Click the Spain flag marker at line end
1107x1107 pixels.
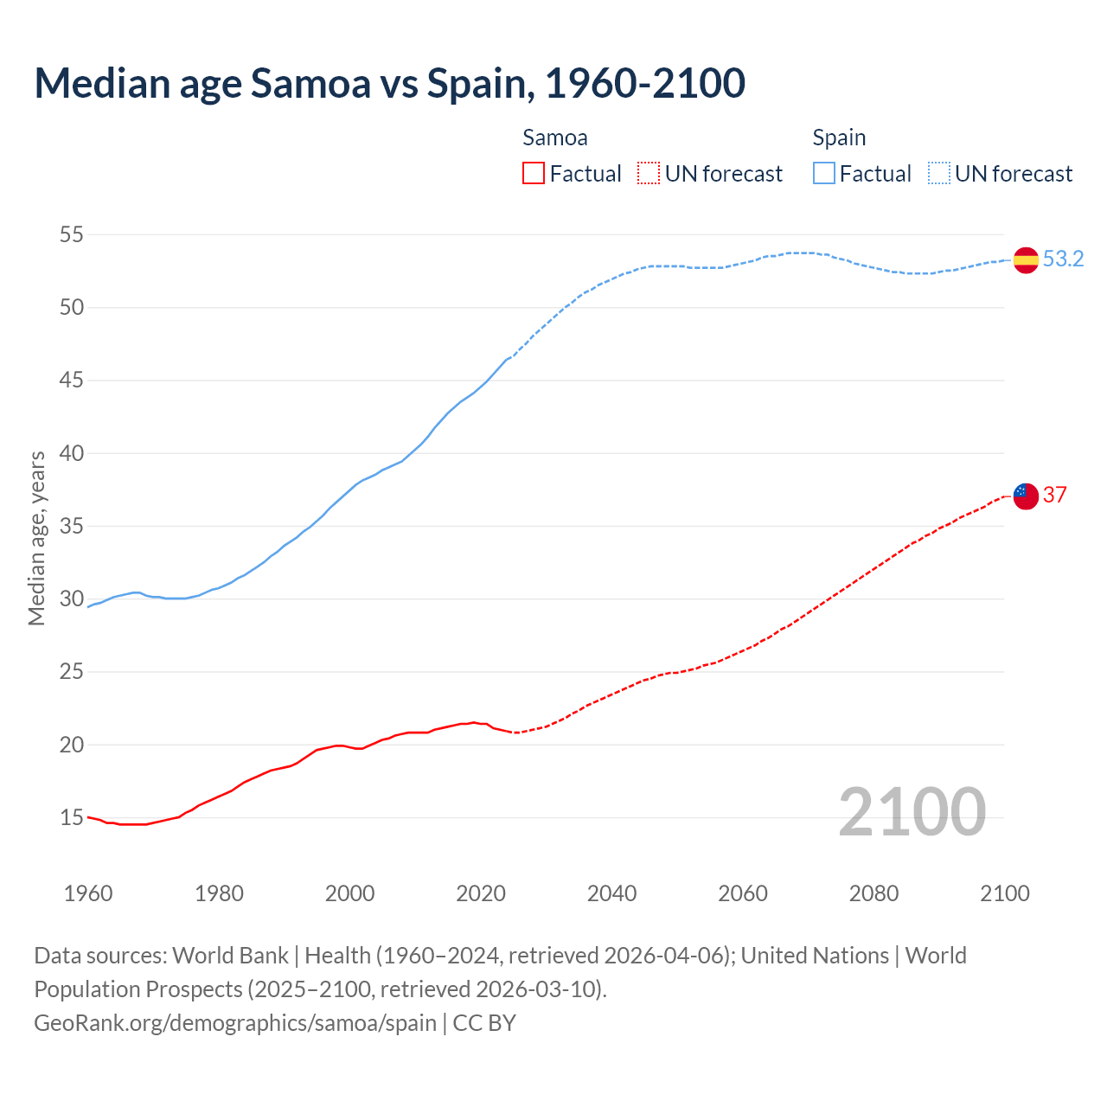tap(1026, 259)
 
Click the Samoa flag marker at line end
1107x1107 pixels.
tap(1026, 496)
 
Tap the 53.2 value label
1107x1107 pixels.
tap(1063, 259)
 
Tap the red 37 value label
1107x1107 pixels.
tap(1054, 495)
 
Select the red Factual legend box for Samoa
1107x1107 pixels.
tap(534, 174)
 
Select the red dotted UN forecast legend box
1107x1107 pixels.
tap(649, 174)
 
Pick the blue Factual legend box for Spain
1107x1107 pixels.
tap(823, 174)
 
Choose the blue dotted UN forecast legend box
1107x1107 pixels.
tap(938, 174)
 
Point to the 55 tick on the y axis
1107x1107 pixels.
tap(72, 234)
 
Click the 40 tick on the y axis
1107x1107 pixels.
tap(72, 453)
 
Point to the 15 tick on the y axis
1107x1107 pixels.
tap(72, 817)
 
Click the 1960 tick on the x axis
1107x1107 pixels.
tap(88, 893)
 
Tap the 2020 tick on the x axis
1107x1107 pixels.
tap(481, 893)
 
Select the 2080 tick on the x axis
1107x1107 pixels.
tap(873, 893)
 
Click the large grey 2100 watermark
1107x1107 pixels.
tap(912, 811)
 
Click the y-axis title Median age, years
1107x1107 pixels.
tap(36, 538)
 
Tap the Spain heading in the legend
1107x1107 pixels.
tap(839, 138)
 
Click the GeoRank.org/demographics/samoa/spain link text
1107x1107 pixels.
tap(235, 1022)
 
